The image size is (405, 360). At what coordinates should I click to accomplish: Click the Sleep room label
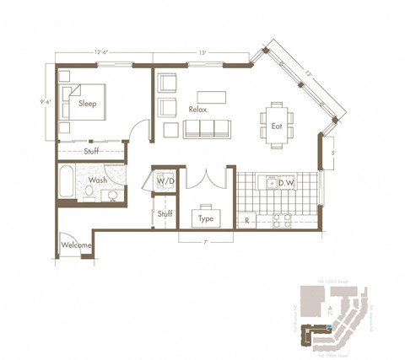click(87, 104)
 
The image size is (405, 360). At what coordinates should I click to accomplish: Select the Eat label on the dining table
click(276, 126)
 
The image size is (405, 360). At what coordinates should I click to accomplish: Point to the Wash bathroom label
click(98, 180)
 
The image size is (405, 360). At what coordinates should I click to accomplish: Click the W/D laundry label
click(165, 180)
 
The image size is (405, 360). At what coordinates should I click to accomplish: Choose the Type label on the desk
click(206, 218)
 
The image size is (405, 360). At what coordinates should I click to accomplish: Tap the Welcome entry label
click(77, 246)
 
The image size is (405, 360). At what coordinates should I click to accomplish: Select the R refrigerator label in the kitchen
click(246, 220)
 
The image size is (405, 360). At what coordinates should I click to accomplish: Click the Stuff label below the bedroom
click(93, 152)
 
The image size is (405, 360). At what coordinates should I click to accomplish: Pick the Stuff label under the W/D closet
click(165, 214)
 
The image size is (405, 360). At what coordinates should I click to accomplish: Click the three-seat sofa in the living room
click(208, 128)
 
